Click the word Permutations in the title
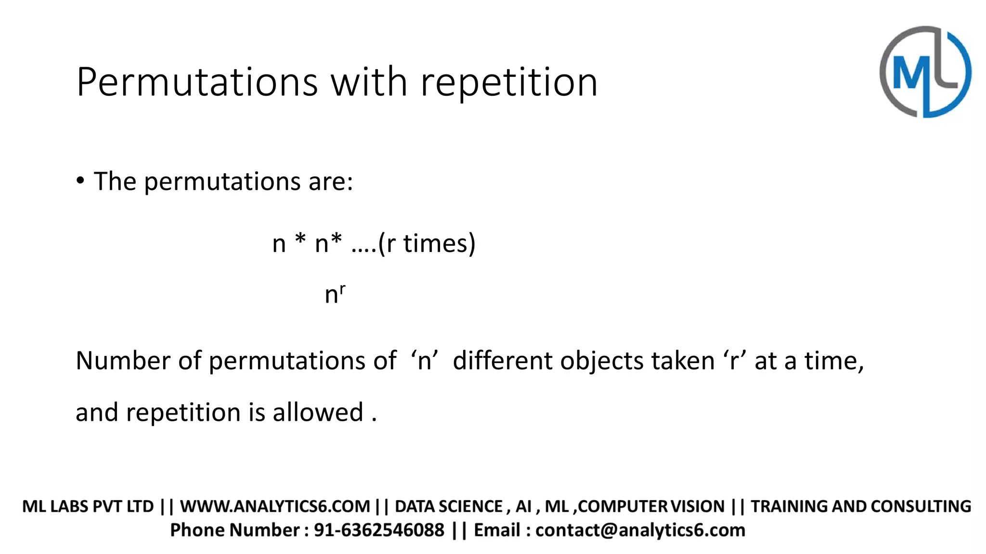[x=197, y=82]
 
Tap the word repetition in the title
[x=509, y=82]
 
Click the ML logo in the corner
[x=925, y=72]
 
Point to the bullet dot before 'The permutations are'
[x=80, y=181]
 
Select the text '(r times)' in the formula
[x=427, y=243]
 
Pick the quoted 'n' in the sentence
[x=424, y=361]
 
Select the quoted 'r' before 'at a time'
[x=734, y=361]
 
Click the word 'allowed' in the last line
[x=318, y=413]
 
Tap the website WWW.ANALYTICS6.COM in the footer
[x=275, y=506]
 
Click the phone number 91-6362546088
[x=379, y=530]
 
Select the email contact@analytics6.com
[x=640, y=530]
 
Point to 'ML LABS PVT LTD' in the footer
[x=88, y=506]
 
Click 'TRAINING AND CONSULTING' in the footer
[x=861, y=506]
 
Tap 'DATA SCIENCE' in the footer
[x=449, y=506]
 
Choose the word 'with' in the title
[x=369, y=82]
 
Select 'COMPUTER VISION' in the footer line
[x=652, y=506]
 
